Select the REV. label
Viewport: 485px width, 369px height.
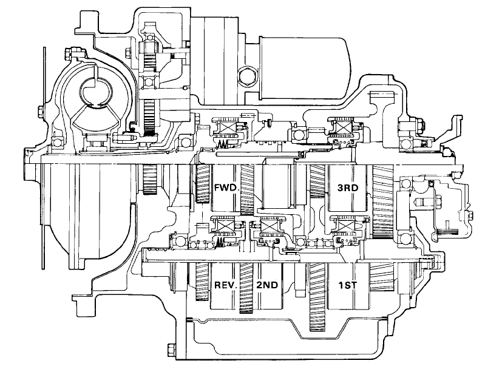pyautogui.click(x=226, y=285)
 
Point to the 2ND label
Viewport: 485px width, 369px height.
pyautogui.click(x=267, y=285)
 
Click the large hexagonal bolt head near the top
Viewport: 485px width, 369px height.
pyautogui.click(x=246, y=75)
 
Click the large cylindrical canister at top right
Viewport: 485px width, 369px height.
pyautogui.click(x=304, y=68)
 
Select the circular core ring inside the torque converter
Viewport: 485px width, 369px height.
pyautogui.click(x=97, y=92)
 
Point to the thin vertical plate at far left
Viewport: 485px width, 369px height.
pyautogui.click(x=44, y=158)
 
